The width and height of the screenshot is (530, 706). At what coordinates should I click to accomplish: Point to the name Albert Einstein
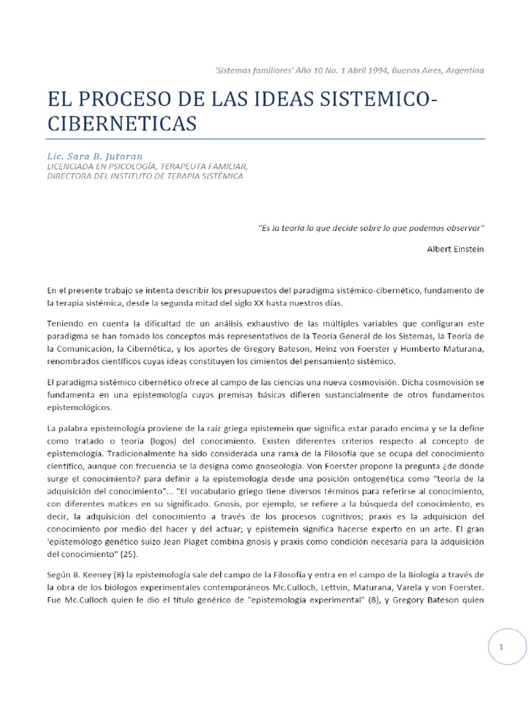pos(455,249)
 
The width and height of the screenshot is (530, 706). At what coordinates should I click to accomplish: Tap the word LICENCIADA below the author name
pos(74,166)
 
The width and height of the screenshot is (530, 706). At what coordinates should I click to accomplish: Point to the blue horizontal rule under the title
pos(266,139)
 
